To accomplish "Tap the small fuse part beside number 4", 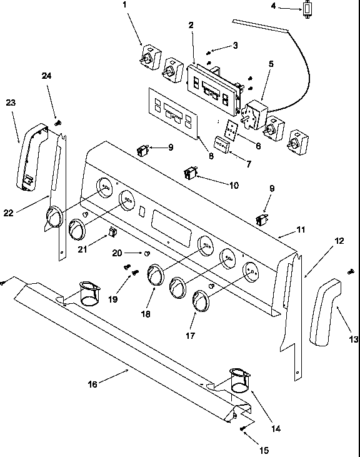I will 308,9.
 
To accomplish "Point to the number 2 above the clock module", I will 191,25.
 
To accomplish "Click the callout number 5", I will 271,64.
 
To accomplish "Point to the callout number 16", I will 92,384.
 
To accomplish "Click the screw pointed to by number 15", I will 241,428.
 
